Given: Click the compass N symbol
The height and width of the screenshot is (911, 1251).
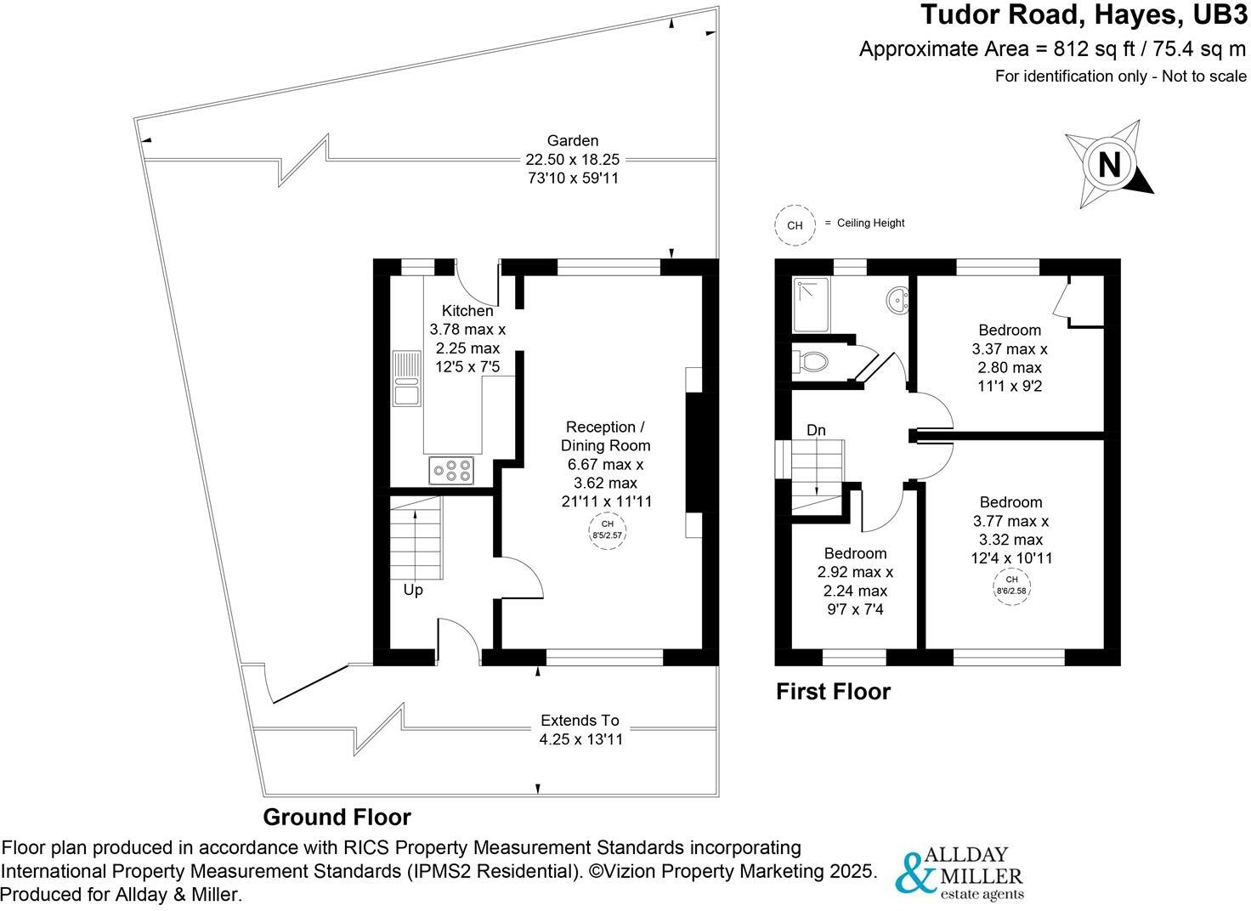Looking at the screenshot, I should point(1109,164).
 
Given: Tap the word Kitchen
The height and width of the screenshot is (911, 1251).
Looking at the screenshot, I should point(467,311).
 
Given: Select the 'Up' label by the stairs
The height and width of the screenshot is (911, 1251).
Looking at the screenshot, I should point(413,590).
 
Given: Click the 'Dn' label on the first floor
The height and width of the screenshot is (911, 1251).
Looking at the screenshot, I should point(816,431).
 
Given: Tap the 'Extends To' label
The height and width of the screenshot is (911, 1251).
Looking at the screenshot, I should point(580,721).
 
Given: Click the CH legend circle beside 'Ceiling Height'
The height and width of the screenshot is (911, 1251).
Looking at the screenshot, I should point(795,225).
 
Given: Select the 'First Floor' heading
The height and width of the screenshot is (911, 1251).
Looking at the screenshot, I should point(833,692).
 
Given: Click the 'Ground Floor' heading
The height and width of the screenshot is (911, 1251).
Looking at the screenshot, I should point(337,818).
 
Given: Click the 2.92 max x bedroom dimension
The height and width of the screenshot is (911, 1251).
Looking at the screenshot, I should point(855,572).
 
